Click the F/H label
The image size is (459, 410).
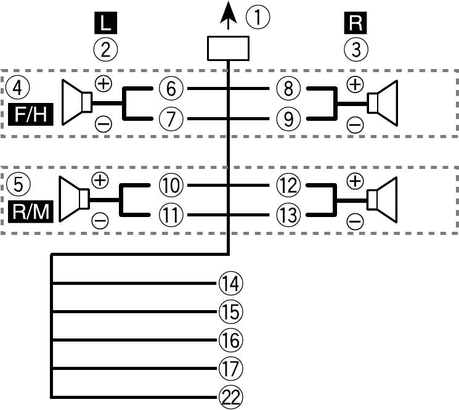(31, 115)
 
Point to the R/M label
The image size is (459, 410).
(31, 211)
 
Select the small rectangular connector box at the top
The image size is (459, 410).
(228, 48)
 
